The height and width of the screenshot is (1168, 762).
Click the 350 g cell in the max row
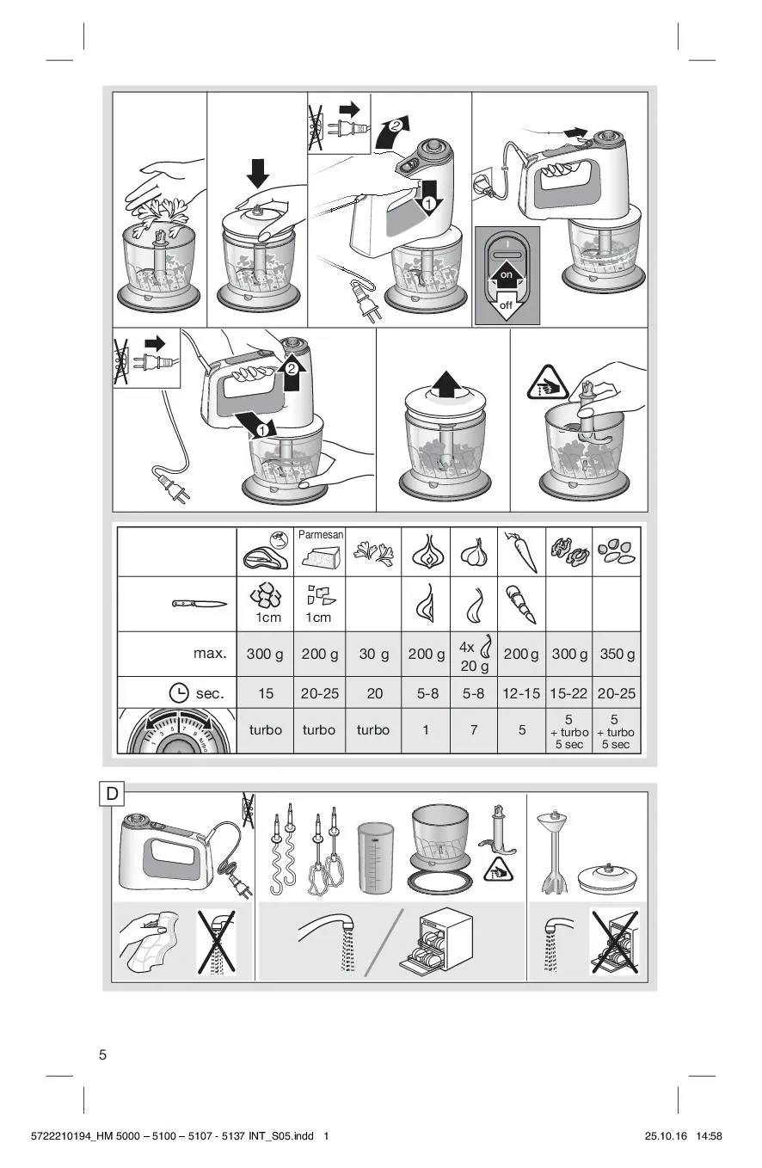(617, 654)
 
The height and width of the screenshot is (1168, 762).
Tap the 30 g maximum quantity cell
(373, 654)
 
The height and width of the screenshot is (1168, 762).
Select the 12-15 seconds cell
(521, 693)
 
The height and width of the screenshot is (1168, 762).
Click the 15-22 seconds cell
(568, 693)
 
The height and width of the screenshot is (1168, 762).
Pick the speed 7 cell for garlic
(474, 730)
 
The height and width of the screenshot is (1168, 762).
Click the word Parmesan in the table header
(321, 534)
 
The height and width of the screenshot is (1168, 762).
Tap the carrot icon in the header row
(521, 551)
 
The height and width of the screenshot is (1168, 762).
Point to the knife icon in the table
(200, 604)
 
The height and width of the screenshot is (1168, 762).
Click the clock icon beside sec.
(179, 693)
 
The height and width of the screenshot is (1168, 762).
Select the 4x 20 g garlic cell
(474, 654)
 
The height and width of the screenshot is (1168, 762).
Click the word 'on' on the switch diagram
(506, 274)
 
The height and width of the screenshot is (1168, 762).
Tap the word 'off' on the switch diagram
(506, 305)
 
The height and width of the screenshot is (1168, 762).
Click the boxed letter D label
(112, 794)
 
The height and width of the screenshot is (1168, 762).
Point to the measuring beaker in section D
(376, 858)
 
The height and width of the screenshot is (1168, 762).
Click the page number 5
(102, 1054)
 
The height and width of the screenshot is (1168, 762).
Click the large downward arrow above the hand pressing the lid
(258, 173)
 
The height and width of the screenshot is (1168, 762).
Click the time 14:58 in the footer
(709, 1135)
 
